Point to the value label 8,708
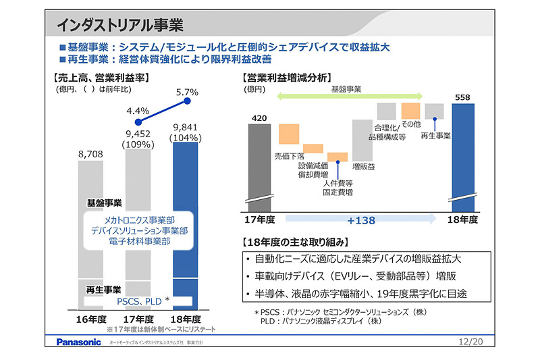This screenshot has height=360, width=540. pyautogui.click(x=90, y=155)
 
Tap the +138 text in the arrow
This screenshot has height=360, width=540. pyautogui.click(x=361, y=220)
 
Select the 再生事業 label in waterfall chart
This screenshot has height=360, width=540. pyautogui.click(x=435, y=136)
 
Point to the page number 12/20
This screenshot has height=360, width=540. pyautogui.click(x=470, y=342)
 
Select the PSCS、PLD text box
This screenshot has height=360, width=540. pyautogui.click(x=138, y=301)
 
